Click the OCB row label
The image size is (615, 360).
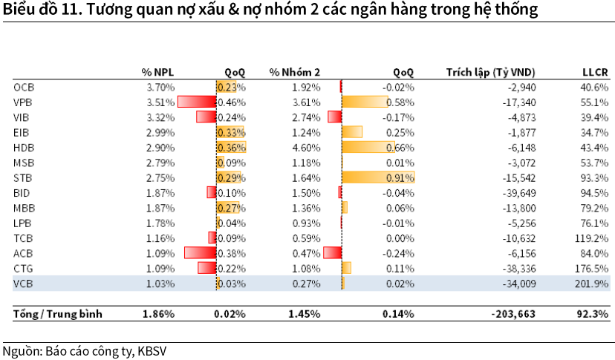(x=24, y=87)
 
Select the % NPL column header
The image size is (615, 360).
(x=157, y=72)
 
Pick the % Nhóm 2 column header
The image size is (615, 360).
(x=295, y=72)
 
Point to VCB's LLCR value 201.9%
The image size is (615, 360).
(x=593, y=283)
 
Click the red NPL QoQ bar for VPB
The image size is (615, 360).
(x=196, y=102)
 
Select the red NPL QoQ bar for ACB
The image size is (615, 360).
(x=200, y=252)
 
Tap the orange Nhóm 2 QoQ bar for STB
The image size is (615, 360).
(x=378, y=177)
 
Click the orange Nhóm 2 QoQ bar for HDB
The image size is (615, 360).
(x=368, y=147)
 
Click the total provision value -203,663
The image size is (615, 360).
(x=512, y=314)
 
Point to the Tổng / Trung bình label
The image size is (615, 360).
(x=58, y=314)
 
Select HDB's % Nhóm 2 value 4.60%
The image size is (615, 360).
(x=305, y=147)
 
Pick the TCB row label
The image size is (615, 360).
(x=24, y=238)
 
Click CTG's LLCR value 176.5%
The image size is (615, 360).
(x=593, y=268)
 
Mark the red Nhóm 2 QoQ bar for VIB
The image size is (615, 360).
(x=334, y=117)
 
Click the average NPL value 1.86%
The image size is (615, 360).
(x=158, y=314)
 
